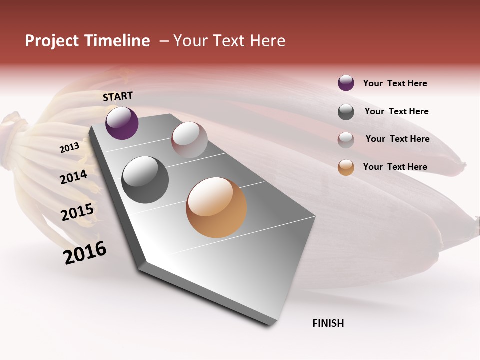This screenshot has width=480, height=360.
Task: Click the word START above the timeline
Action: (x=118, y=96)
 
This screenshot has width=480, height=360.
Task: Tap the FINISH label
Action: (x=328, y=323)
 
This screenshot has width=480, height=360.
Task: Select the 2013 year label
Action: (x=69, y=148)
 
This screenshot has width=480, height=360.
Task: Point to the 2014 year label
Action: (x=73, y=177)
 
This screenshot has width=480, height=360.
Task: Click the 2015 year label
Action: (x=77, y=212)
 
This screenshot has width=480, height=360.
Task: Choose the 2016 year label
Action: (x=85, y=252)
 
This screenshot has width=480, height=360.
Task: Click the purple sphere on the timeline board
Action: (x=122, y=123)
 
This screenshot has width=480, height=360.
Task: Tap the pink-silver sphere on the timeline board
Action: (x=189, y=140)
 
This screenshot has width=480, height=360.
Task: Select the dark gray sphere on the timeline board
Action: (x=145, y=180)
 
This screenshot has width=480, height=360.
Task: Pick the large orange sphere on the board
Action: (x=216, y=207)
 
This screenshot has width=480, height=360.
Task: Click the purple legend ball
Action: (x=346, y=83)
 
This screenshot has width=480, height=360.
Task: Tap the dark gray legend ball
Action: (x=346, y=112)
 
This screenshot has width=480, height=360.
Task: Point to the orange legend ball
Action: (x=346, y=167)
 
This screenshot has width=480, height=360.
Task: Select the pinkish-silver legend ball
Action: (x=346, y=140)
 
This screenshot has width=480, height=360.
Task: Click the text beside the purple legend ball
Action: (x=395, y=83)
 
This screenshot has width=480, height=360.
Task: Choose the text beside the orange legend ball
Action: (x=395, y=167)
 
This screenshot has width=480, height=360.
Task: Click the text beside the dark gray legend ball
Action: (x=396, y=111)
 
